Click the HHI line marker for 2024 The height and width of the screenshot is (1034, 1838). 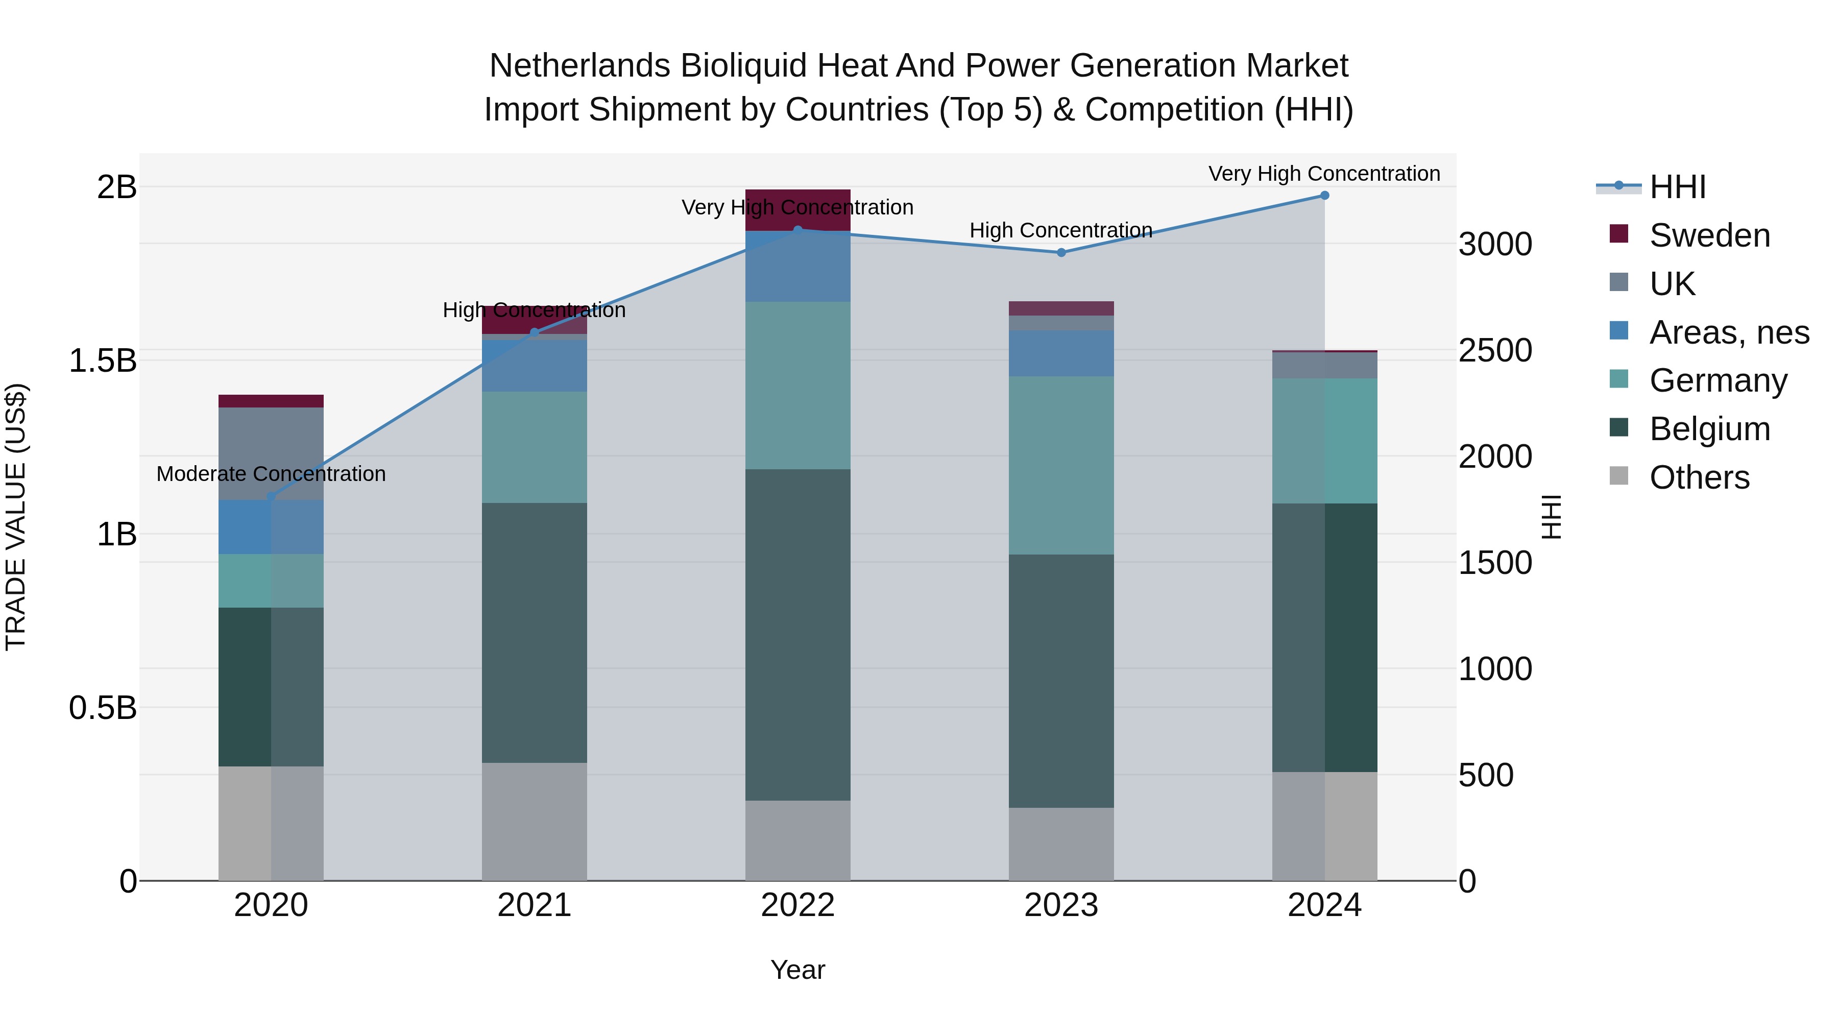(1324, 196)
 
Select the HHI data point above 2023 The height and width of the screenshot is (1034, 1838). (1061, 253)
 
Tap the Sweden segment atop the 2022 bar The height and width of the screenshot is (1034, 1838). (797, 210)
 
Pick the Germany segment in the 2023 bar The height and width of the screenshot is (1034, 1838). (1061, 465)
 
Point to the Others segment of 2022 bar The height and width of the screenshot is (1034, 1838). (797, 840)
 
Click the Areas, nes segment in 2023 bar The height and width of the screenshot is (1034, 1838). (1061, 353)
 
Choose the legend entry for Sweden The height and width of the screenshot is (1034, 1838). (1709, 235)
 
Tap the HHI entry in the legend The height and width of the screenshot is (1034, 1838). (1677, 187)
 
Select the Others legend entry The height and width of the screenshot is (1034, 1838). (1698, 477)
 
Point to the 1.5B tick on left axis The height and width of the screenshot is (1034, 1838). (102, 361)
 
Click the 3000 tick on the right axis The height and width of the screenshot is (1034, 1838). (1495, 244)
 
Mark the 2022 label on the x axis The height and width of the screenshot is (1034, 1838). (797, 905)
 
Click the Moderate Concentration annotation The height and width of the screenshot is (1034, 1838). (271, 474)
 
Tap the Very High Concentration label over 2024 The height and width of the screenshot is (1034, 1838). (1324, 174)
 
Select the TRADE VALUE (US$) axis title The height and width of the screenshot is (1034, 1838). (16, 517)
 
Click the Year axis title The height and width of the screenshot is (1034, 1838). (797, 970)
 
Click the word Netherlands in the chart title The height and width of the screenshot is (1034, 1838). (579, 66)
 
